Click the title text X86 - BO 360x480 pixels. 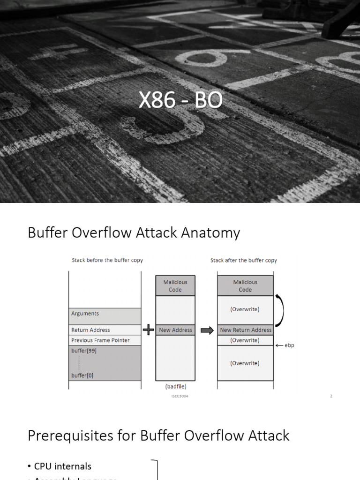[x=180, y=101]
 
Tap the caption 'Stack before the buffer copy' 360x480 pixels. [x=107, y=260]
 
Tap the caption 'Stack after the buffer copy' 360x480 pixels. [x=244, y=260]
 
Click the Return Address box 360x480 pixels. [x=105, y=330]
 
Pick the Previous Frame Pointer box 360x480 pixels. [x=105, y=340]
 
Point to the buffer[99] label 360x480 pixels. [x=84, y=351]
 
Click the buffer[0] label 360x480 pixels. [x=82, y=375]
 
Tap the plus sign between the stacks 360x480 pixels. [x=148, y=330]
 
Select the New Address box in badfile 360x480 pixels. [x=175, y=330]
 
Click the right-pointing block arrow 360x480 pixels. [x=207, y=330]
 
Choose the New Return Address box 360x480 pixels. [x=246, y=330]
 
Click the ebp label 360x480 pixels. [x=289, y=345]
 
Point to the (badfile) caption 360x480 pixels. [x=175, y=387]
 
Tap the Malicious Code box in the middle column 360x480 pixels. [x=175, y=286]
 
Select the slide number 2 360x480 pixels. [x=331, y=396]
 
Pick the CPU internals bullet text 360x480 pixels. [x=63, y=466]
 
